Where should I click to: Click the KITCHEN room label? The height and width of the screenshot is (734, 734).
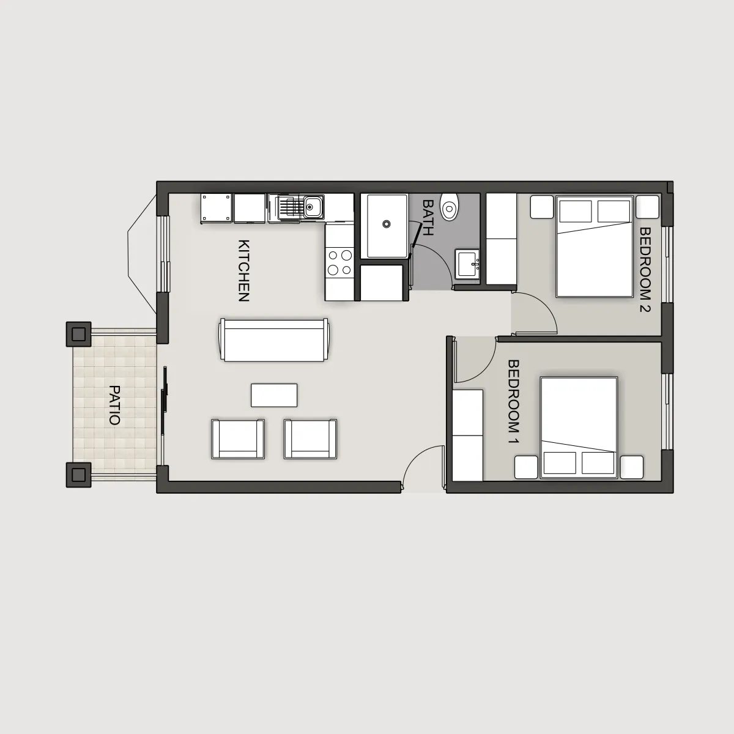(x=244, y=270)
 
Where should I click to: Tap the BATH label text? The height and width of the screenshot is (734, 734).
(x=428, y=218)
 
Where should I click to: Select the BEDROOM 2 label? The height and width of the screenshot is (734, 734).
(x=645, y=270)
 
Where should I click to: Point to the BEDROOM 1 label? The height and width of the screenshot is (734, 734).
(x=514, y=401)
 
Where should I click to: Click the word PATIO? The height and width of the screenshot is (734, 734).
(x=114, y=406)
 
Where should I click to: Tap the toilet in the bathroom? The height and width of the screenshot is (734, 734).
(x=450, y=207)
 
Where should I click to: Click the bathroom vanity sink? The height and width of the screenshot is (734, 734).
(x=467, y=265)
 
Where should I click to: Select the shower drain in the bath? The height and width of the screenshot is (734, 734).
(x=386, y=224)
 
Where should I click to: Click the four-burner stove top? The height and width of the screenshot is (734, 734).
(x=339, y=262)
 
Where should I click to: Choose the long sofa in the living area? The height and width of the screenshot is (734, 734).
(x=274, y=340)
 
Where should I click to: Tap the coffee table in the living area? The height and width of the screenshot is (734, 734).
(x=274, y=395)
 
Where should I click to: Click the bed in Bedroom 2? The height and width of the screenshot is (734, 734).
(x=594, y=246)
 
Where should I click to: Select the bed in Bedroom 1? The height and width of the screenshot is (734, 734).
(x=579, y=428)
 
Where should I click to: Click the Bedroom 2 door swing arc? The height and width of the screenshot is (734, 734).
(x=543, y=303)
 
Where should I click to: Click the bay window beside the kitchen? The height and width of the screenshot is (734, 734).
(x=142, y=254)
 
